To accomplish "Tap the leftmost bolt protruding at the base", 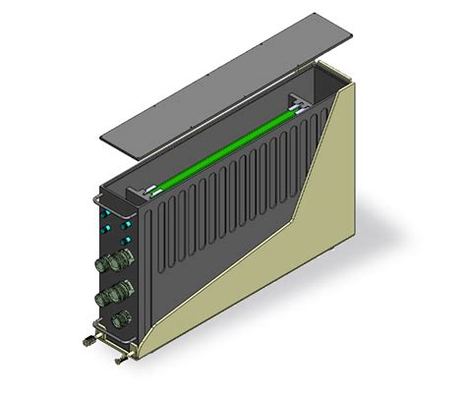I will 87,341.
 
